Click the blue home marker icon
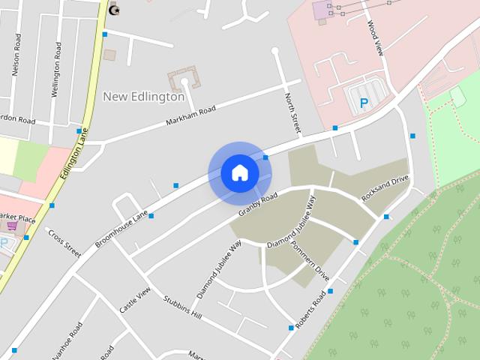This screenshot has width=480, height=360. (240, 172)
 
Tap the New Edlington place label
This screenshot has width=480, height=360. (143, 96)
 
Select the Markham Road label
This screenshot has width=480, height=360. (190, 116)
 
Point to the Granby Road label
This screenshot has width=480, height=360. (258, 205)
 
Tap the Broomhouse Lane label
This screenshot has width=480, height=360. (121, 229)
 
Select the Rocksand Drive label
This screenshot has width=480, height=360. (385, 187)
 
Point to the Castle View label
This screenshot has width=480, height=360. (135, 300)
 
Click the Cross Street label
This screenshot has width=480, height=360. (64, 244)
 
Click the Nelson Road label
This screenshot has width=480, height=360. (15, 58)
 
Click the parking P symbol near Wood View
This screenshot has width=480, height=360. (364, 103)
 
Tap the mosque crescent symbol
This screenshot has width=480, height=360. (114, 10)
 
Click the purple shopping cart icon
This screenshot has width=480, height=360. (11, 225)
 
